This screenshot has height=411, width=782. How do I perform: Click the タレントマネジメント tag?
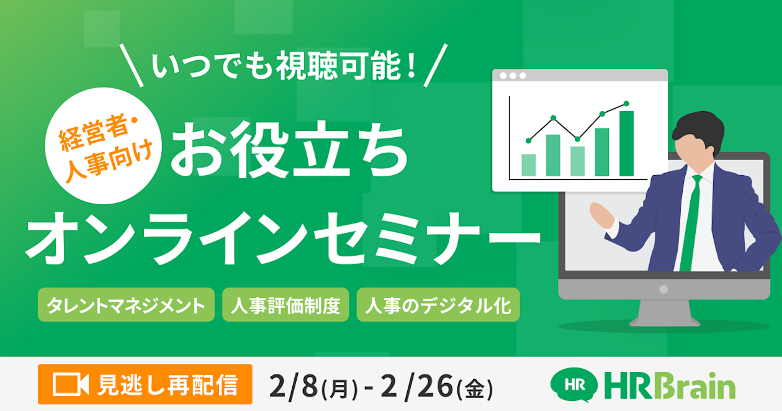pyautogui.click(x=126, y=305)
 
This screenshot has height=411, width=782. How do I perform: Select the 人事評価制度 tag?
pyautogui.click(x=285, y=305)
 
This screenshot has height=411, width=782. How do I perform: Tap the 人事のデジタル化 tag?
pyautogui.click(x=438, y=305)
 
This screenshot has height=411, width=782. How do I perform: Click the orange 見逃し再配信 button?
pyautogui.click(x=145, y=384)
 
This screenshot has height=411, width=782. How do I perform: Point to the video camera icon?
pyautogui.click(x=71, y=384)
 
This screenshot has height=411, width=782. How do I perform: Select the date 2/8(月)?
pyautogui.click(x=314, y=387)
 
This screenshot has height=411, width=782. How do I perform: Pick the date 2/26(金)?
pyautogui.click(x=435, y=387)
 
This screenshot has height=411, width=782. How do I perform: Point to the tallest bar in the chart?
pyautogui.click(x=626, y=143)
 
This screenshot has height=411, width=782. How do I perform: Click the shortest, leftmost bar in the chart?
pyautogui.click(x=529, y=165)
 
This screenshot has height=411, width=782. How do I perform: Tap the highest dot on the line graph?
pyautogui.click(x=626, y=104)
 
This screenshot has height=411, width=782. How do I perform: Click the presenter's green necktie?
pyautogui.click(x=690, y=224)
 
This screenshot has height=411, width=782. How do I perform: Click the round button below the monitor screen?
pyautogui.click(x=663, y=289)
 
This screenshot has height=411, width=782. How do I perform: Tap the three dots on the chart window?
pyautogui.click(x=513, y=76)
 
